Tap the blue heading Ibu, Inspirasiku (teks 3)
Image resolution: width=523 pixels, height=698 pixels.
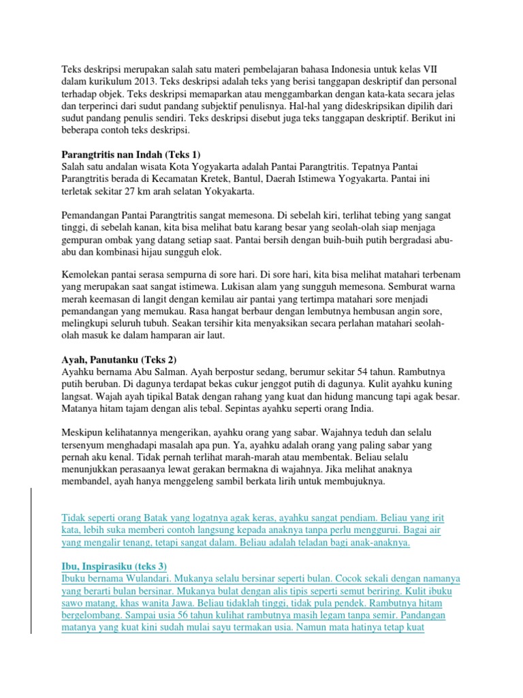click(x=114, y=566)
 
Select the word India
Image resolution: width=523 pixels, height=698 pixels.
click(x=317, y=410)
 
